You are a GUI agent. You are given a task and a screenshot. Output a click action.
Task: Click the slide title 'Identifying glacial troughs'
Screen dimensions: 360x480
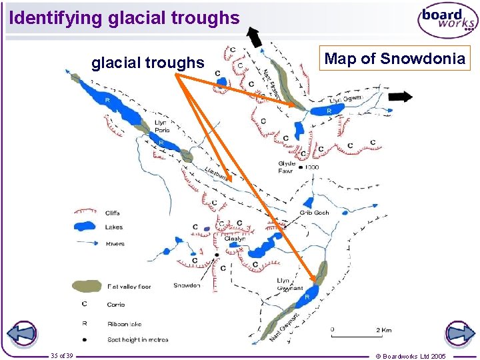click(124, 18)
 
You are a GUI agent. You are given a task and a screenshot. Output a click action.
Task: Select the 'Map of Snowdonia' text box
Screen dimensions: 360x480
click(394, 59)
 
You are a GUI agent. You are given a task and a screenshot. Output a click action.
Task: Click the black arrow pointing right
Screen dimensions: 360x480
click(400, 97)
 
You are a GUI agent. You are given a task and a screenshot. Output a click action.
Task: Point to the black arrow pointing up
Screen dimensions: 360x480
click(254, 37)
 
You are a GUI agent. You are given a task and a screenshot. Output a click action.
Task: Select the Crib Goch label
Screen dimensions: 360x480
click(314, 213)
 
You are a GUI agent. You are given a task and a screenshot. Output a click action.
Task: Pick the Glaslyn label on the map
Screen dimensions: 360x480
click(235, 239)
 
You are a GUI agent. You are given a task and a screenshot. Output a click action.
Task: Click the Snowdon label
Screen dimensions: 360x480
click(187, 285)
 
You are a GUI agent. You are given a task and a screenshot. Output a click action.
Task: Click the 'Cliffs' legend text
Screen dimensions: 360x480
click(113, 213)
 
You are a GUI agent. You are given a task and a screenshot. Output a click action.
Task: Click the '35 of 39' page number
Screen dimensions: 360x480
click(62, 355)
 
